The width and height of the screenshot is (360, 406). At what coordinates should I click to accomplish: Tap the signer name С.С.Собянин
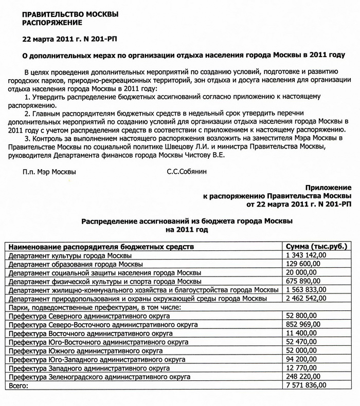(x=187, y=172)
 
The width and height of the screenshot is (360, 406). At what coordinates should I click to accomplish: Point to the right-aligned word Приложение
(x=329, y=188)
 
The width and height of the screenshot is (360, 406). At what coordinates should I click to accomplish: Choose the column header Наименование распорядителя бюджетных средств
(x=101, y=246)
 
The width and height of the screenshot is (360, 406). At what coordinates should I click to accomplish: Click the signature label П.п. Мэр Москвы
(x=49, y=172)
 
